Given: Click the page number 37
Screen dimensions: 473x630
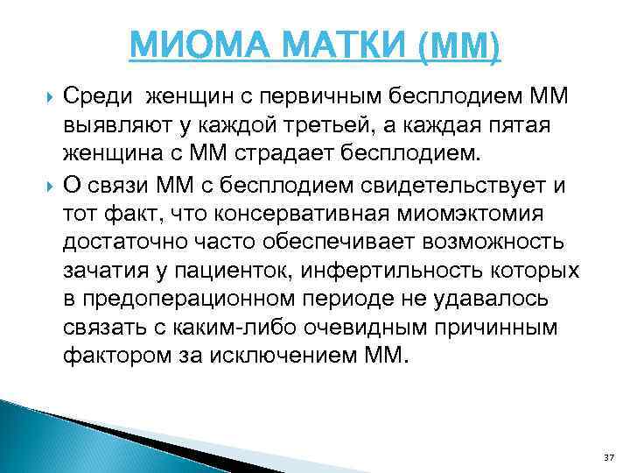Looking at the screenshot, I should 610,458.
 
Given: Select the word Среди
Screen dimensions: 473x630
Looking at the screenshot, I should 100,94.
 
